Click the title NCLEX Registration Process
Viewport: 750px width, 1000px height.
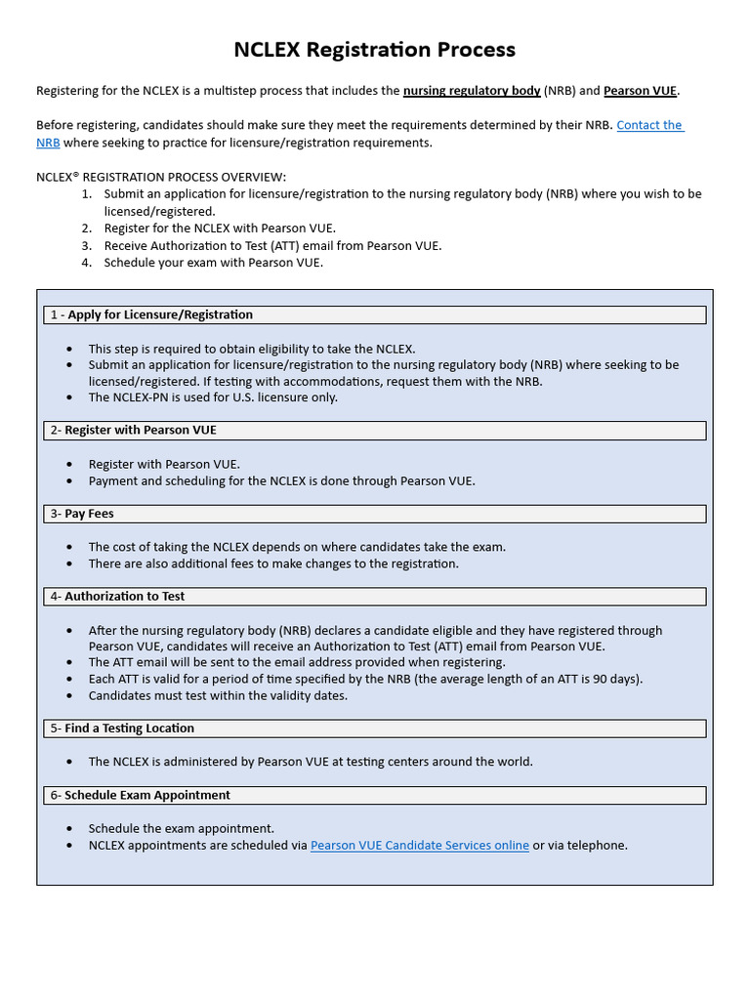(374, 50)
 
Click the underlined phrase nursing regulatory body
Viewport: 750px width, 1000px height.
(472, 91)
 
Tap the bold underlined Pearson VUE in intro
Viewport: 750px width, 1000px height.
(640, 91)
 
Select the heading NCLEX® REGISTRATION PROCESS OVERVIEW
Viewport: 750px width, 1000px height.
(161, 177)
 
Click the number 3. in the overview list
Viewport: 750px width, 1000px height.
(87, 245)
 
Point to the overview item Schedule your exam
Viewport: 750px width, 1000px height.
(213, 262)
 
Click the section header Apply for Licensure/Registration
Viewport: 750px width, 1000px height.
(160, 314)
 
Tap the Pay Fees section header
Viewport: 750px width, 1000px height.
(90, 514)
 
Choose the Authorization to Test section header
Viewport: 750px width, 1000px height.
(124, 596)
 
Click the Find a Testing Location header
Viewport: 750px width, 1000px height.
(129, 728)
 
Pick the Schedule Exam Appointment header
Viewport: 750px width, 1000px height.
(147, 795)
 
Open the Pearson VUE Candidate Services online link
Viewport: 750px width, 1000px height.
(419, 845)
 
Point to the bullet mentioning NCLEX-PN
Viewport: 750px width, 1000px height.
(213, 397)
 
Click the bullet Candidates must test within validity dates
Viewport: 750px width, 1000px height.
(218, 695)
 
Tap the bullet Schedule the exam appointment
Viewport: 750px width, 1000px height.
(182, 828)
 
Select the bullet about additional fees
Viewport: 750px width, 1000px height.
(273, 563)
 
